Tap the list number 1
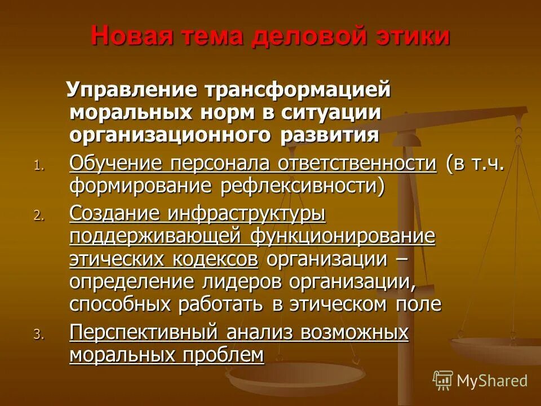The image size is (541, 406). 37,166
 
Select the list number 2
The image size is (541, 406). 37,215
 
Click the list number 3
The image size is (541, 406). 37,334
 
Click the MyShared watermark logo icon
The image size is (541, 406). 443,380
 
